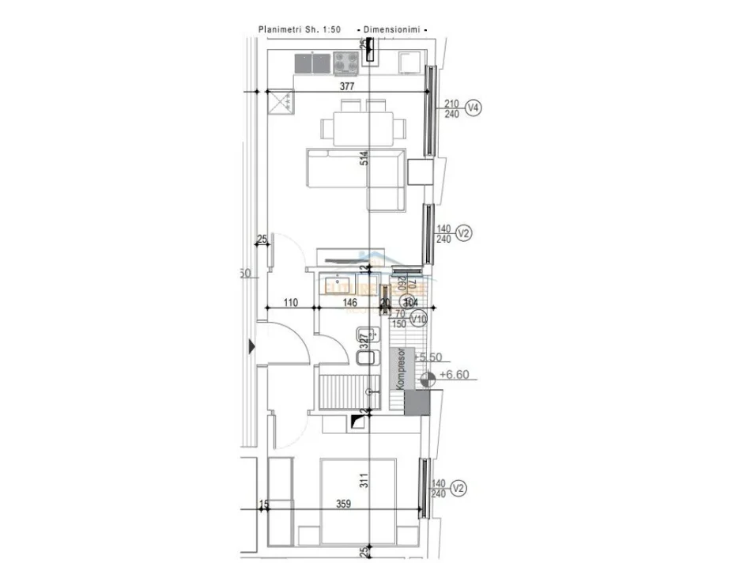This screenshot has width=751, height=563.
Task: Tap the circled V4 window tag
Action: (474, 108)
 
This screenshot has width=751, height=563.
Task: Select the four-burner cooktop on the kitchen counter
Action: (345, 62)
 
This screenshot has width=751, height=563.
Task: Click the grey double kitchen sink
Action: (312, 62)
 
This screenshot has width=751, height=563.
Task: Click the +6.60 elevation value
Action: (455, 376)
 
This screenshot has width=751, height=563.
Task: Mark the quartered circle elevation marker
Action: (428, 379)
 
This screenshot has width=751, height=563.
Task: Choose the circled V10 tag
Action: (419, 318)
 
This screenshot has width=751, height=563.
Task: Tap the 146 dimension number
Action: (349, 303)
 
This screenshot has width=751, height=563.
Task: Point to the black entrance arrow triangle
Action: (252, 346)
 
